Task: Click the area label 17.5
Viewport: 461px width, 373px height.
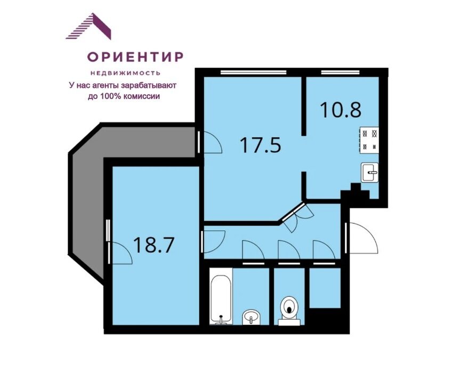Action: (261, 145)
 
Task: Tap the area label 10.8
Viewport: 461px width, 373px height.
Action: (341, 110)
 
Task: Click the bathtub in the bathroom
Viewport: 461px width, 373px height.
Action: (221, 299)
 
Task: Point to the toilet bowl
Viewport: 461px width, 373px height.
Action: (289, 311)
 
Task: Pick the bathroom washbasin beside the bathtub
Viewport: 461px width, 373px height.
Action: (251, 318)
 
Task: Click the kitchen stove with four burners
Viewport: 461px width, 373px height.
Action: (369, 140)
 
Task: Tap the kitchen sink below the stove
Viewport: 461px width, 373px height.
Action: (370, 173)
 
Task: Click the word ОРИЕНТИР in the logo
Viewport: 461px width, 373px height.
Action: (135, 56)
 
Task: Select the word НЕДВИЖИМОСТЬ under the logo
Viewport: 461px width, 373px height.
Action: (125, 73)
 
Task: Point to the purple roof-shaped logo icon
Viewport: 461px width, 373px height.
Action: (88, 26)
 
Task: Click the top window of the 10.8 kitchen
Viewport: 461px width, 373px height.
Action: (340, 72)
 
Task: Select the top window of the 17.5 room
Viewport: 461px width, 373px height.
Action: (254, 72)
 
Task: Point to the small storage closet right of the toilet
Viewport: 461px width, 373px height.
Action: (325, 288)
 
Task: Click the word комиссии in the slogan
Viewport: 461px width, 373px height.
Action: (142, 96)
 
